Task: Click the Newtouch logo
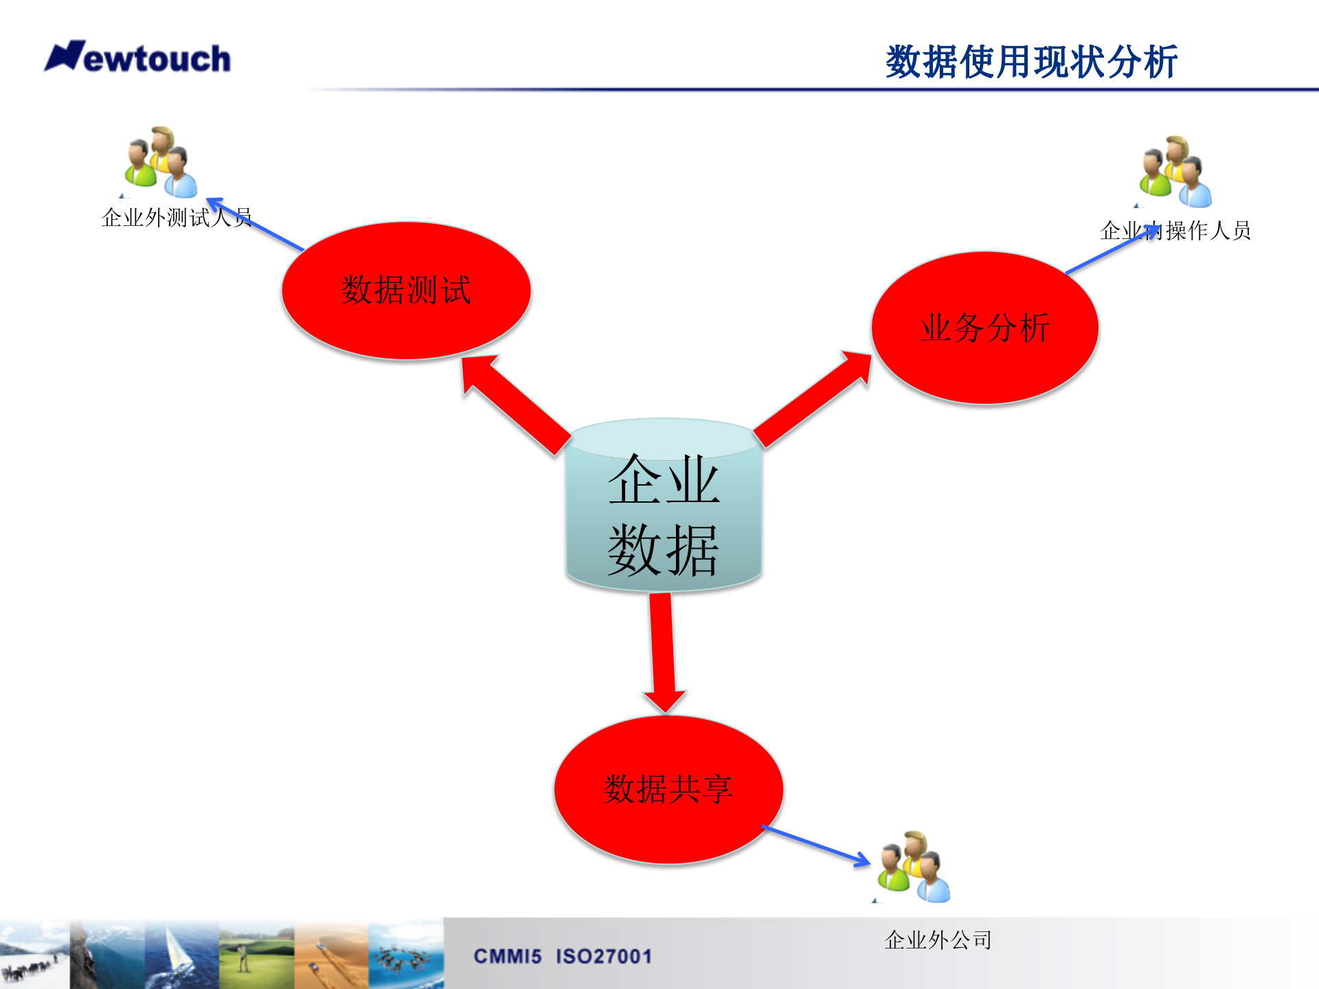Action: [x=137, y=58]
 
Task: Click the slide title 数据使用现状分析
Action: [x=1031, y=62]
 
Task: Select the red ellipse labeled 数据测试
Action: [x=406, y=291]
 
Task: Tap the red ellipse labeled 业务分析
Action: [x=984, y=328]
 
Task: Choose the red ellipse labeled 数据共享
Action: [x=668, y=789]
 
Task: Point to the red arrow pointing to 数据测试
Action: [x=516, y=405]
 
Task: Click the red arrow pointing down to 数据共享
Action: [x=663, y=652]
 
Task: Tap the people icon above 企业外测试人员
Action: [x=161, y=163]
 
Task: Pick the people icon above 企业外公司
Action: [x=914, y=867]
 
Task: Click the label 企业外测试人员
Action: [x=176, y=218]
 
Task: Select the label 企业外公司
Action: [x=938, y=940]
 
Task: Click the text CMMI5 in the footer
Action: [x=508, y=956]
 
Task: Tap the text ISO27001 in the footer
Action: [x=604, y=956]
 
